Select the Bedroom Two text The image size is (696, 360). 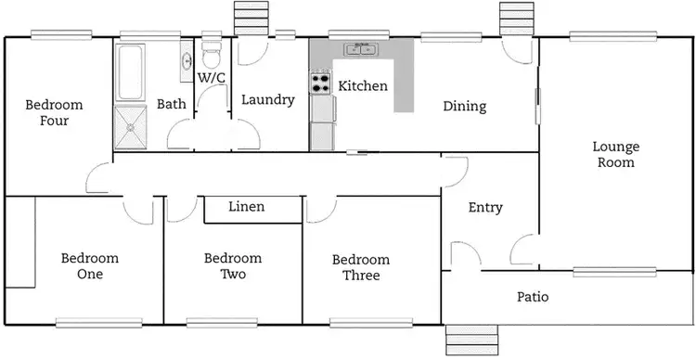[x=233, y=266]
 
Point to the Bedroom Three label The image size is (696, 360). [x=361, y=267]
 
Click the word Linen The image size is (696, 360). [x=247, y=207]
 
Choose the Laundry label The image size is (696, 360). [x=267, y=100]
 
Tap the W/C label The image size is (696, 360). [x=212, y=78]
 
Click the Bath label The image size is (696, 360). [x=172, y=105]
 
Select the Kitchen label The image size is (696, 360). [x=362, y=86]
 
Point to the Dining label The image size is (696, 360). [x=464, y=107]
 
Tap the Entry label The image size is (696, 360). [x=485, y=208]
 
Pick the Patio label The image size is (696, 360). [x=532, y=298]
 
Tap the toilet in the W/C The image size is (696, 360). [x=211, y=51]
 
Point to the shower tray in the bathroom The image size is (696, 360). [x=130, y=128]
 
